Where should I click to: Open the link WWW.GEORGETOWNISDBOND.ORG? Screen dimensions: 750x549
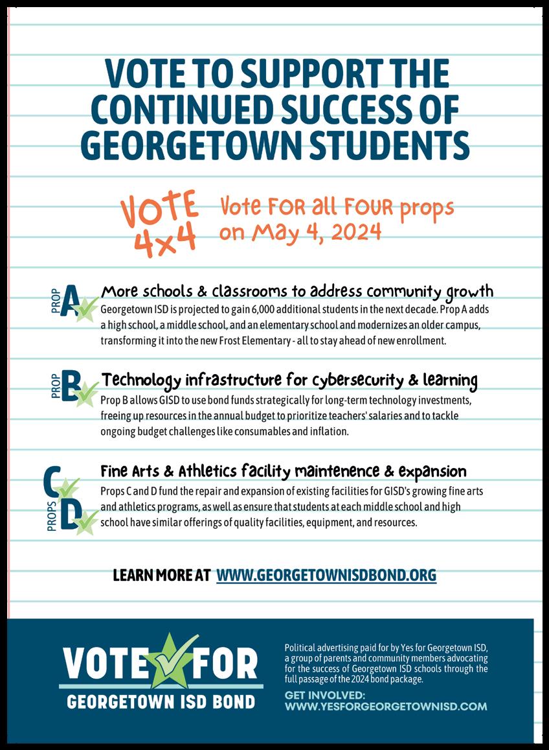coord(326,575)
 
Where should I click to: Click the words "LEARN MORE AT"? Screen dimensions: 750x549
coord(161,575)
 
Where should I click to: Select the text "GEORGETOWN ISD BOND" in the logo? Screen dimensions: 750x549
coord(161,701)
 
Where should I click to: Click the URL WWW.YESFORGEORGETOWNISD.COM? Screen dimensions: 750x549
coord(386,706)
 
